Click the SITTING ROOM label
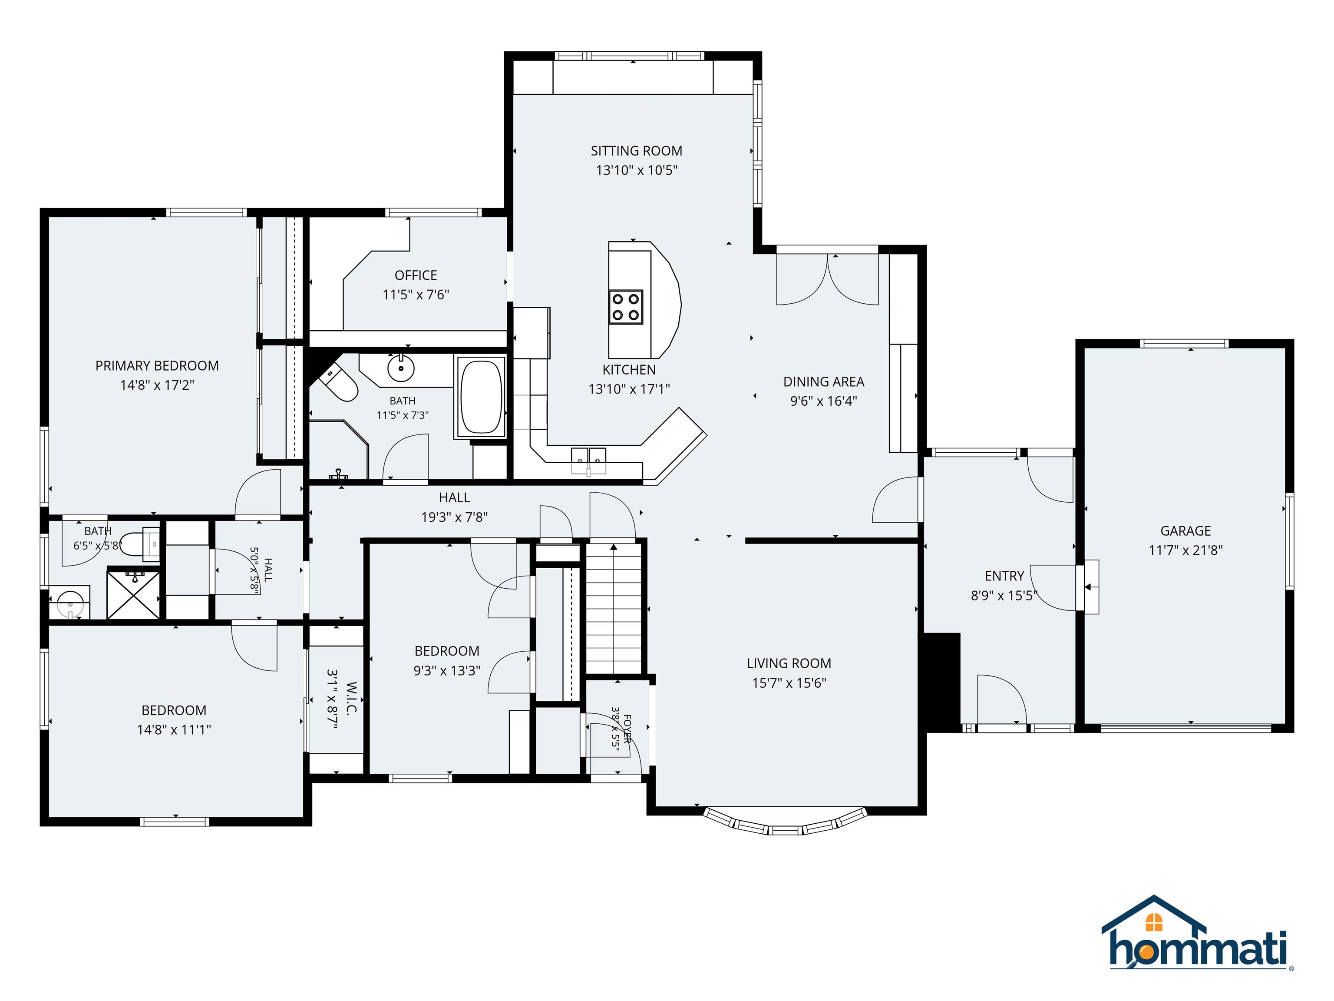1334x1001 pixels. [x=636, y=151]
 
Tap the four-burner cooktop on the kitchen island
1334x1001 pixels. [x=625, y=307]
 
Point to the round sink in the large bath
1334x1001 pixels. [x=400, y=368]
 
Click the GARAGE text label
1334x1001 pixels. [x=1185, y=531]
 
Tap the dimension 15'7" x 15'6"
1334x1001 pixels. [x=789, y=683]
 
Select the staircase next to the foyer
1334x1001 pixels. [x=613, y=608]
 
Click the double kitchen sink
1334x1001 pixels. [x=588, y=461]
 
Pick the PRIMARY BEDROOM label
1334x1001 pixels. [x=157, y=366]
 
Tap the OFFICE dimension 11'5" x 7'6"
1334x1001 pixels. [x=416, y=295]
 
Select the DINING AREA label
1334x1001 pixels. [x=823, y=382]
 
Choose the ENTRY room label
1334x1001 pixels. [x=1004, y=576]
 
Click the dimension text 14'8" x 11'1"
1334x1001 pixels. [x=174, y=729]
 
